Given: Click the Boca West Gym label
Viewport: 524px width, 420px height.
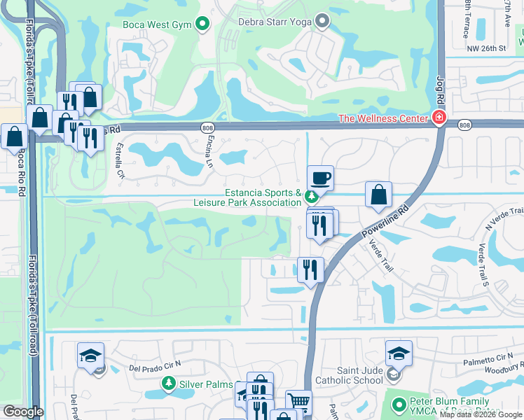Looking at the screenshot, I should [x=157, y=24].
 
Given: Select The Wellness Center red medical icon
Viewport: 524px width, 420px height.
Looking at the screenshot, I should [x=439, y=118].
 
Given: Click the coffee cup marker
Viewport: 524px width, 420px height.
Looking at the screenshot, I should [x=320, y=178].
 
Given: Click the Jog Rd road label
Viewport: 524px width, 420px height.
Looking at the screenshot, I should [x=440, y=91].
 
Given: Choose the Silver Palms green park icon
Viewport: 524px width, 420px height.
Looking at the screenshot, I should [x=168, y=384].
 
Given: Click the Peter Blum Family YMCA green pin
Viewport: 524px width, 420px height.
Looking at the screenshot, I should [x=399, y=405].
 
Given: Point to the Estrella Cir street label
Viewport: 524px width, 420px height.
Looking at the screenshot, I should [x=120, y=160].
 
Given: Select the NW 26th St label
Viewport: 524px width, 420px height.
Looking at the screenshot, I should [x=488, y=48].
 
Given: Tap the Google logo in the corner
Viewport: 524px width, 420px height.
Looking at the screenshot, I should [x=23, y=412].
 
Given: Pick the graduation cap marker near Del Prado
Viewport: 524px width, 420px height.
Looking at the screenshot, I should [x=90, y=355].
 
